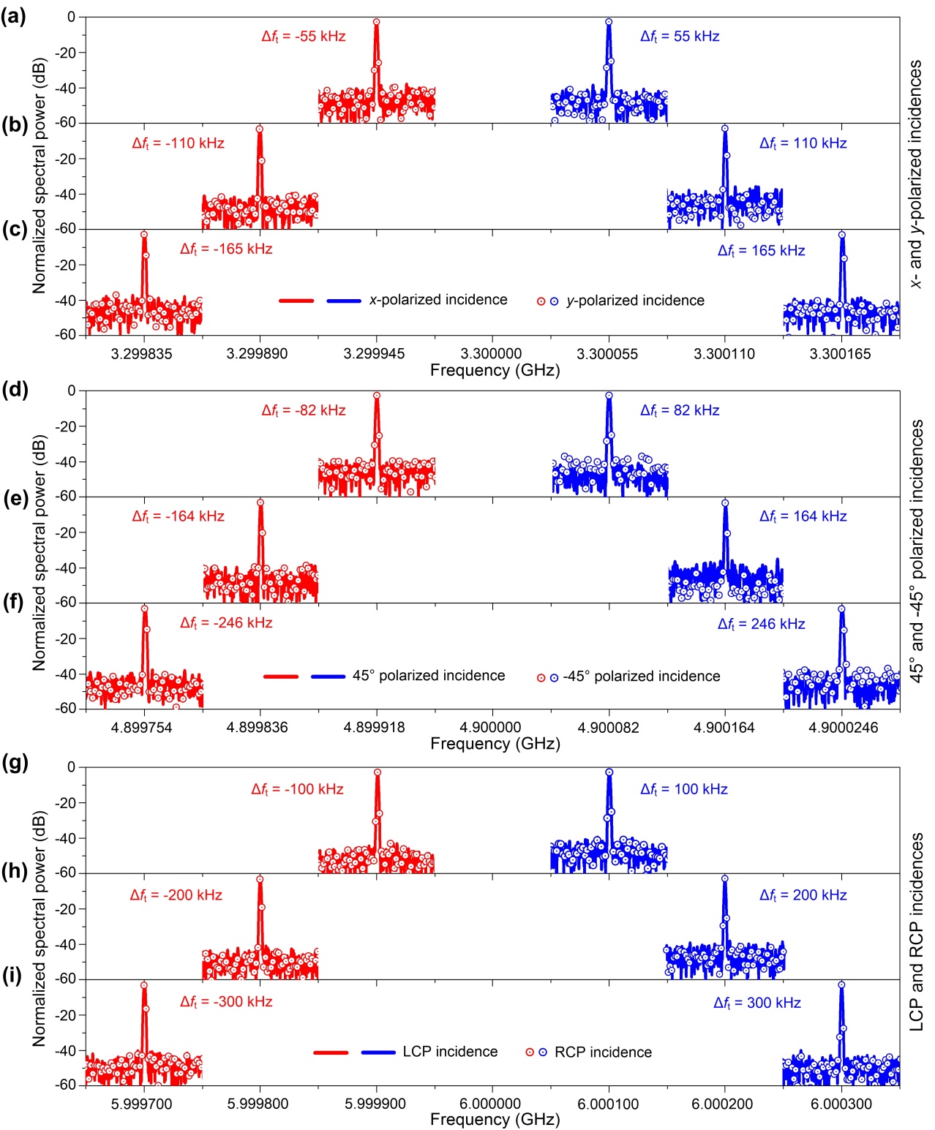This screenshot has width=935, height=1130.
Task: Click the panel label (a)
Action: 13,17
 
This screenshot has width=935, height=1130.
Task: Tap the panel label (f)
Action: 13,603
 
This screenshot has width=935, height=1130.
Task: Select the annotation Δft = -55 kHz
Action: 304,37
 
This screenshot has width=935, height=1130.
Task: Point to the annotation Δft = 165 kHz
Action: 761,251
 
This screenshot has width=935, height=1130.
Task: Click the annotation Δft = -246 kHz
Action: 226,623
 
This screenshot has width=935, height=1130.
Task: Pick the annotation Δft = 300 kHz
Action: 757,1003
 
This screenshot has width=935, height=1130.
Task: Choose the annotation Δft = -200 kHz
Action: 176,895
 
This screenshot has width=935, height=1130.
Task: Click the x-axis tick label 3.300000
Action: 492,354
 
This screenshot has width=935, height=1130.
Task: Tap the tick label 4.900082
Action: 608,728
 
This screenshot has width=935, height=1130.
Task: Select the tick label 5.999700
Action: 142,1104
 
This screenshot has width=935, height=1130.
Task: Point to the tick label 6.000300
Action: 841,1104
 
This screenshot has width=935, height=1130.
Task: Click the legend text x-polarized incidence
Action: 438,300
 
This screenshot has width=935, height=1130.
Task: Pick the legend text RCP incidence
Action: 603,1052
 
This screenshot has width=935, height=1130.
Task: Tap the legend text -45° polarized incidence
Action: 642,677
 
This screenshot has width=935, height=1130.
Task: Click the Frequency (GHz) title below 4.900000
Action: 495,744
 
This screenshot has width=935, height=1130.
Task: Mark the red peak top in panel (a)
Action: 377,22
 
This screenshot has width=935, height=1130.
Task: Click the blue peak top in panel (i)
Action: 841,985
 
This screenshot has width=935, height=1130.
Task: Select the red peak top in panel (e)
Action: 260,502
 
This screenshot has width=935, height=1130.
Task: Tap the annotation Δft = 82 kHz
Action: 680,410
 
